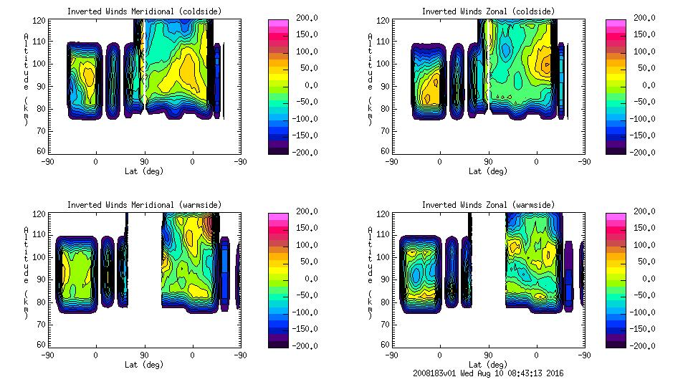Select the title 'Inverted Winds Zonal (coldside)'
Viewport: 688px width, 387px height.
[487, 11]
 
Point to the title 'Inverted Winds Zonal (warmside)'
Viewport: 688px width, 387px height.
[487, 205]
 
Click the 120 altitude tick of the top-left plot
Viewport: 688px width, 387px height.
[42, 21]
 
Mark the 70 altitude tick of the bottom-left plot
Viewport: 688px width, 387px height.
[42, 323]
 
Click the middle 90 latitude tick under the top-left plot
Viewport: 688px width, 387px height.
[144, 162]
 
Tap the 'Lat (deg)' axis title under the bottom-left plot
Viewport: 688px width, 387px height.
[145, 365]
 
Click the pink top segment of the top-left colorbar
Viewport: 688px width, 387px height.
[277, 23]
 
